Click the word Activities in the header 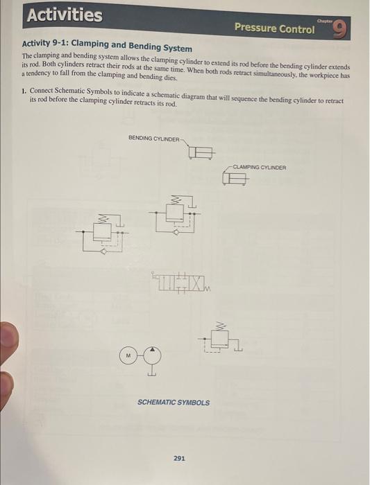pyautogui.click(x=64, y=15)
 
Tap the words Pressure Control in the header pyautogui.click(x=274, y=28)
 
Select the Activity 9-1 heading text pyautogui.click(x=107, y=46)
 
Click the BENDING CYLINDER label pyautogui.click(x=153, y=138)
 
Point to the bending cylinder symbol pyautogui.click(x=201, y=152)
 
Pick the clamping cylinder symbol pyautogui.click(x=235, y=179)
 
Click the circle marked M pyautogui.click(x=128, y=355)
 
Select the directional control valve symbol pyautogui.click(x=183, y=283)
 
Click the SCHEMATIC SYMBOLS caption pyautogui.click(x=174, y=403)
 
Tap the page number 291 pyautogui.click(x=179, y=458)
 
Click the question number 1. pyautogui.click(x=24, y=92)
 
